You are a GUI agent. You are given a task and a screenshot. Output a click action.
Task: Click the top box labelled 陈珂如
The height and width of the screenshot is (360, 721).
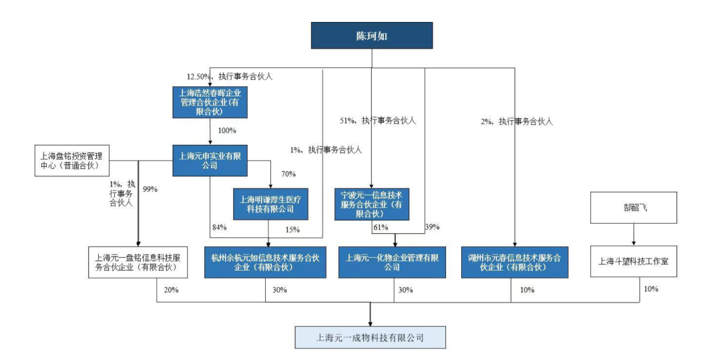click(x=372, y=36)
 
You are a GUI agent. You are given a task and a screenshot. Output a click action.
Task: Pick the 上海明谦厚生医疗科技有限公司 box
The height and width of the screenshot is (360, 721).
click(x=271, y=204)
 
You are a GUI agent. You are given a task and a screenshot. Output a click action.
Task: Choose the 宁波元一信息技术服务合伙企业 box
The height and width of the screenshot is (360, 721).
click(x=372, y=204)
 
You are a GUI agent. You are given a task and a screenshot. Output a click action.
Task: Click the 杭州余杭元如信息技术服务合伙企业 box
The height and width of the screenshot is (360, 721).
click(x=264, y=262)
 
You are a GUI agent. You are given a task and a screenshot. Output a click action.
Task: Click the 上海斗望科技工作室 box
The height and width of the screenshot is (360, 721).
click(x=633, y=262)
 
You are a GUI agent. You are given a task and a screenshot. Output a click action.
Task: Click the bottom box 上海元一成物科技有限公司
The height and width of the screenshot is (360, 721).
click(x=370, y=337)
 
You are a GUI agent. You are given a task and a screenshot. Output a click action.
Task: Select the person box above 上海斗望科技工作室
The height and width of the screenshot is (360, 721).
click(x=634, y=208)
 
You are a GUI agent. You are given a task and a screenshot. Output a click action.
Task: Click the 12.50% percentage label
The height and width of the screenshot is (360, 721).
click(x=199, y=77)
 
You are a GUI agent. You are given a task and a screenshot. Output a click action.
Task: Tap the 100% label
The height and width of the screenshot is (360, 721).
click(x=228, y=130)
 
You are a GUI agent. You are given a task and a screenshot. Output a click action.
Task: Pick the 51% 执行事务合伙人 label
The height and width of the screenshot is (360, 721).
click(x=378, y=121)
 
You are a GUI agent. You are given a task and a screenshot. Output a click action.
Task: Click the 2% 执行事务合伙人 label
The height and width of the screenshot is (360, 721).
click(x=517, y=122)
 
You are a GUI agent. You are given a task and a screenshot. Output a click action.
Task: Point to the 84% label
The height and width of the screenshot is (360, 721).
click(x=219, y=228)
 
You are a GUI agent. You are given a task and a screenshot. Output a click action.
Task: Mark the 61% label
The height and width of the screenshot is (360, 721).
click(x=381, y=228)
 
